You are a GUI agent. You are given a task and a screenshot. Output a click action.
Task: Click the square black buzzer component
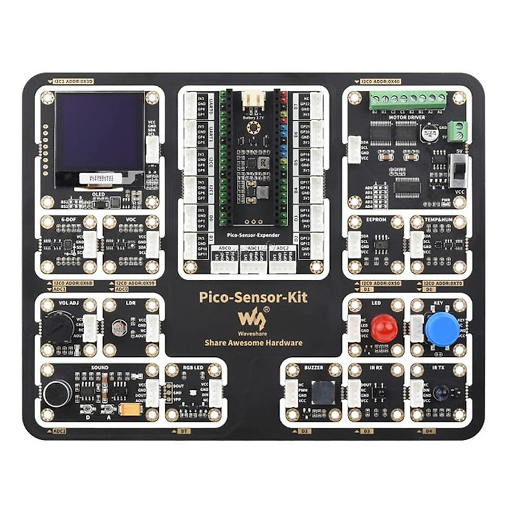point(322,392)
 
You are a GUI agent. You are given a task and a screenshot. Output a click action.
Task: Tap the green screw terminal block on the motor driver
point(408,100)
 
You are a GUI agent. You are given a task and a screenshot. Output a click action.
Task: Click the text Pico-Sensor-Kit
point(253,297)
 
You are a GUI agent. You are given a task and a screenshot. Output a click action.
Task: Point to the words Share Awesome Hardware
point(254,343)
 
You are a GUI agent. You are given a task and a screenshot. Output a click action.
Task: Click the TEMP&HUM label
point(439,220)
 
